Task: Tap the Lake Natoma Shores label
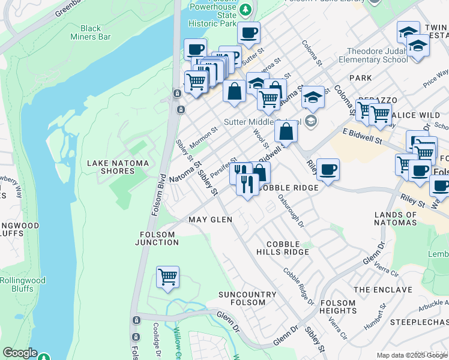(x=111, y=167)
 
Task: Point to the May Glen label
(x=210, y=220)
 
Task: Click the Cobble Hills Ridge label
(x=288, y=248)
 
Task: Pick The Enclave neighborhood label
(x=383, y=290)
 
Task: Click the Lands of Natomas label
(x=395, y=218)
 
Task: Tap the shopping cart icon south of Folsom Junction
(x=168, y=277)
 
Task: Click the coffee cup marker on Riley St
(x=328, y=170)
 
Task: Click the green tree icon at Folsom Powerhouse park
(x=245, y=10)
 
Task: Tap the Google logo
(x=19, y=353)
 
